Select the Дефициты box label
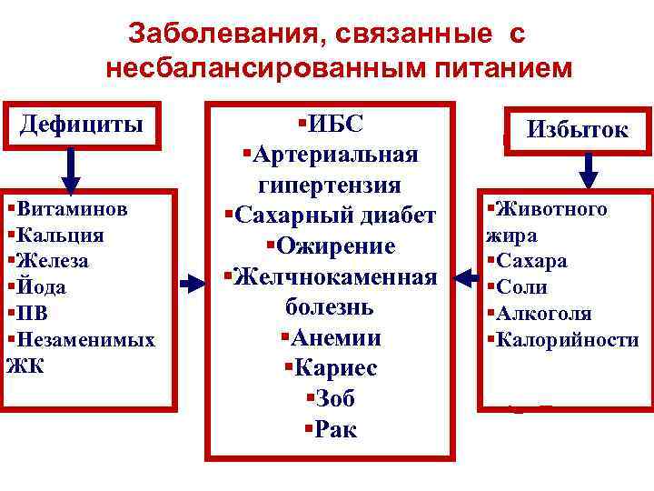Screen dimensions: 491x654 coord(82,123)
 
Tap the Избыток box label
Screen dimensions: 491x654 coord(578,129)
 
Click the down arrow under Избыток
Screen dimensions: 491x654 coord(589,170)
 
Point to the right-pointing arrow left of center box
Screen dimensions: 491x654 coord(193,285)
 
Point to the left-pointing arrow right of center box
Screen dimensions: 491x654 coord(470,273)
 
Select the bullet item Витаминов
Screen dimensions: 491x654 coord(71,208)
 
